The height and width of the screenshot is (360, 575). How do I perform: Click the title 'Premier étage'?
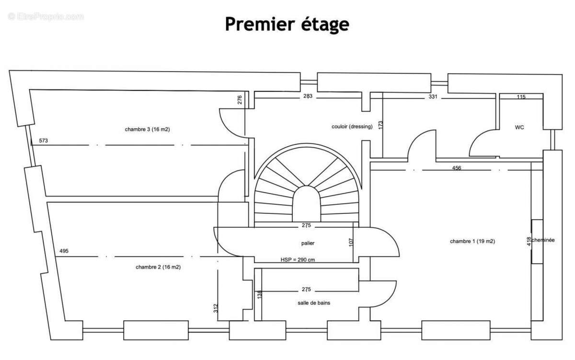(287, 24)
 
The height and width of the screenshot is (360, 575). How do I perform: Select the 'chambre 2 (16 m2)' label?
(158, 267)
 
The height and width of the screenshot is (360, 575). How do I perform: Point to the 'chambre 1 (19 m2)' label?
(472, 241)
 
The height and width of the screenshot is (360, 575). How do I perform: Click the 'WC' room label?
(519, 128)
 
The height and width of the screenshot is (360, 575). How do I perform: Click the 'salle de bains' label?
(314, 303)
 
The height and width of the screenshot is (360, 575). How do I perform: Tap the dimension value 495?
(64, 251)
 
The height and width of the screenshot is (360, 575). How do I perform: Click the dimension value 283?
(308, 96)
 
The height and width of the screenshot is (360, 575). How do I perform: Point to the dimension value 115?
(521, 97)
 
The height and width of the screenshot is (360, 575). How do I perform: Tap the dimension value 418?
(529, 242)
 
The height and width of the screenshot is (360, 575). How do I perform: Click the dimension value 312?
(216, 309)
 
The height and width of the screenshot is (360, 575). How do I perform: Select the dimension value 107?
(351, 243)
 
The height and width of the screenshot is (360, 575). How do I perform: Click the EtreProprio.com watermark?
(46, 16)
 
